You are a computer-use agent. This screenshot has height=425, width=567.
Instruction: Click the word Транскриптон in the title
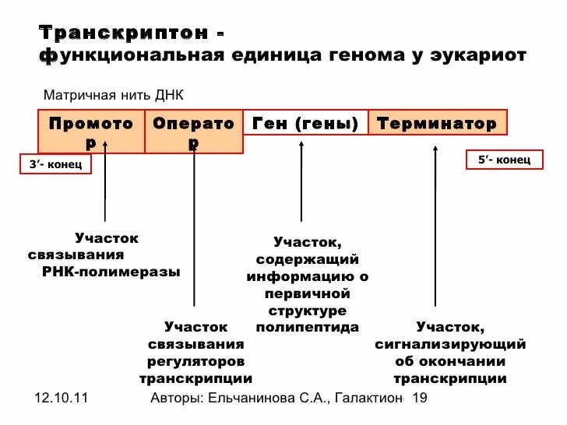(124, 33)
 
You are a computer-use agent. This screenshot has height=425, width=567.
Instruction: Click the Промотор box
(91, 131)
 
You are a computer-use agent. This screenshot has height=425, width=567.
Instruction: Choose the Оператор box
(193, 131)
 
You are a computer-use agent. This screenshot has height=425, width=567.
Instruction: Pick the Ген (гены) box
(305, 123)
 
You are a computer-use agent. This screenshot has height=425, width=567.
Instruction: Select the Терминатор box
(437, 123)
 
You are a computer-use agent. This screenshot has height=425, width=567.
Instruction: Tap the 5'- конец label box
(504, 160)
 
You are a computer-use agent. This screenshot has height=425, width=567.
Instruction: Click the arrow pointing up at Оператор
(193, 226)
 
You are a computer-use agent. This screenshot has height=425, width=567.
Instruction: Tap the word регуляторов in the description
(195, 361)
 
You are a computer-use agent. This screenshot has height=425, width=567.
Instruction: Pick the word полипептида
(308, 328)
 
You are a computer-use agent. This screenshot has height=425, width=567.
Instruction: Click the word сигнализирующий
(450, 344)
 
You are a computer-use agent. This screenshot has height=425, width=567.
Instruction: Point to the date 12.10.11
(62, 399)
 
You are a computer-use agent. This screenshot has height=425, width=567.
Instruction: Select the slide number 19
(420, 399)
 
